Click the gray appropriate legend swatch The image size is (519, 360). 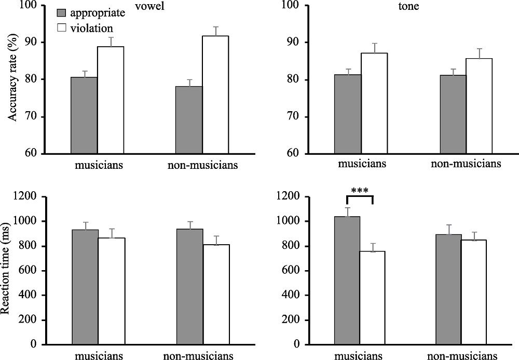(x=61, y=12)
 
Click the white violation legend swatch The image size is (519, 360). (x=61, y=27)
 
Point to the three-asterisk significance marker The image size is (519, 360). (x=359, y=191)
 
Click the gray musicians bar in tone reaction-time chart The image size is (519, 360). (x=347, y=280)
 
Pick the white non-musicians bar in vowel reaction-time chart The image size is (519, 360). (x=216, y=294)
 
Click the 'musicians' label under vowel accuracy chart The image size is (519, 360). (x=99, y=166)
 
